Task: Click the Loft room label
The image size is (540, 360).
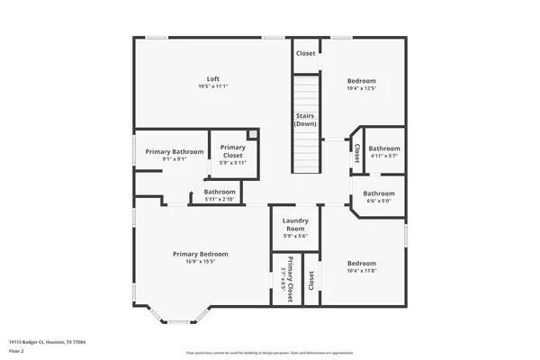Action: pyautogui.click(x=213, y=78)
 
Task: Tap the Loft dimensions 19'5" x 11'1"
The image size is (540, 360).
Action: pyautogui.click(x=213, y=86)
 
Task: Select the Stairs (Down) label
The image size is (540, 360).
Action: pyautogui.click(x=306, y=120)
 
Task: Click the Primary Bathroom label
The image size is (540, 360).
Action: pyautogui.click(x=175, y=151)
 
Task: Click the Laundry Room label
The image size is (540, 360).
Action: pyautogui.click(x=296, y=225)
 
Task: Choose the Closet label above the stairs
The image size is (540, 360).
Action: pyautogui.click(x=306, y=53)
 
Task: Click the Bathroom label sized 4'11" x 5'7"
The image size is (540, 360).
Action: pyautogui.click(x=383, y=148)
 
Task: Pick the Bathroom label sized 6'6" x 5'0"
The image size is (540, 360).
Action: pyautogui.click(x=378, y=193)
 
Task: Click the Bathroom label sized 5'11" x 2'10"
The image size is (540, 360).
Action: pyautogui.click(x=220, y=192)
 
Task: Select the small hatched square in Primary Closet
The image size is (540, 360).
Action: pyautogui.click(x=253, y=135)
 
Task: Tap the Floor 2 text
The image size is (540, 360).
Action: pyautogui.click(x=17, y=352)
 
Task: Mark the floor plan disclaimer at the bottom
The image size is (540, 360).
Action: pyautogui.click(x=270, y=352)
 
